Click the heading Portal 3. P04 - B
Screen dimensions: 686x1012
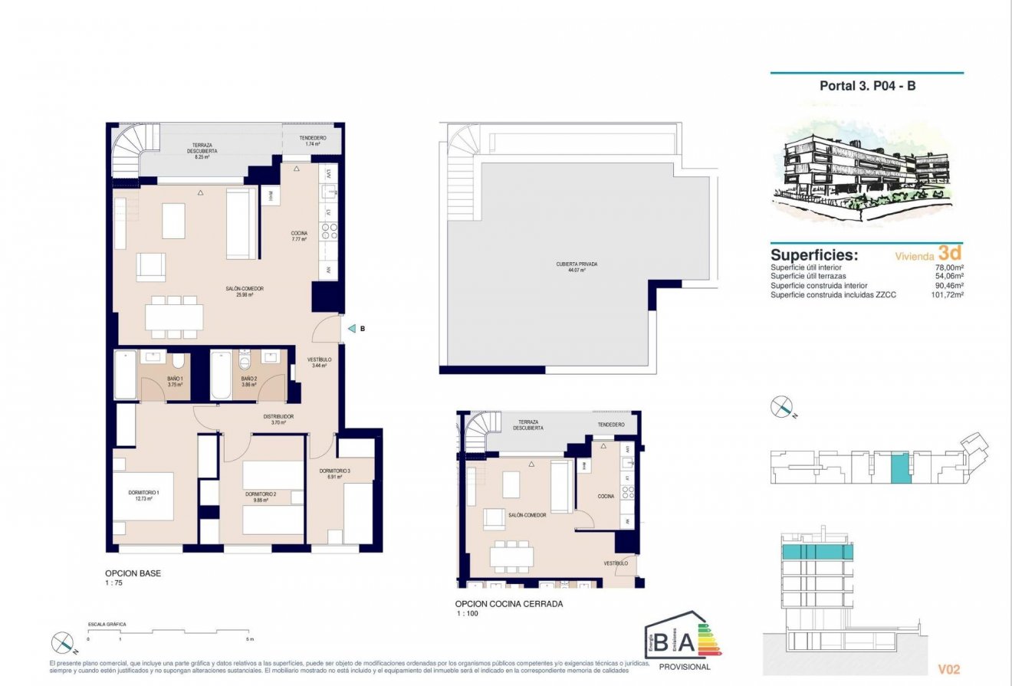[x=867, y=86]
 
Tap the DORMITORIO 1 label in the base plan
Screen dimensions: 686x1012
[x=143, y=495]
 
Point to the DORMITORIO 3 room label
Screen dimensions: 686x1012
[x=335, y=474]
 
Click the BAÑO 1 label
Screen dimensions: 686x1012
[x=175, y=382]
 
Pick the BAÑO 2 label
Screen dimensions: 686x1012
[x=248, y=382]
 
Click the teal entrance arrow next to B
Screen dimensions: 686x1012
[x=351, y=329]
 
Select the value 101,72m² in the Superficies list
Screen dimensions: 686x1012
[x=944, y=295]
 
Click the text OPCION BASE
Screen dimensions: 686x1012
[x=133, y=573]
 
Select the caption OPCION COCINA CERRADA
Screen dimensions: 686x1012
[x=509, y=604]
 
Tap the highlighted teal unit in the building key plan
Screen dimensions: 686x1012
[x=900, y=468]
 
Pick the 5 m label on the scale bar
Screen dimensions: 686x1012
[x=248, y=638]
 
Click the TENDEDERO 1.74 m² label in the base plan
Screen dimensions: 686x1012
[x=312, y=141]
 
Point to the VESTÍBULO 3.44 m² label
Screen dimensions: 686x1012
[x=319, y=363]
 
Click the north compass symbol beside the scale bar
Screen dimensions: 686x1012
[x=62, y=642]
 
